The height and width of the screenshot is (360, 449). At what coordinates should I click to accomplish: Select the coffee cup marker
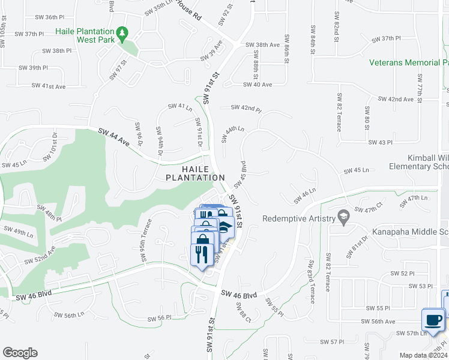coord(433,320)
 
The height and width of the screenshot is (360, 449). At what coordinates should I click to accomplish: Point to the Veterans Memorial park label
coord(408,62)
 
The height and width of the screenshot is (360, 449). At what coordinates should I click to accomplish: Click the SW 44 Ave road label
coord(115,138)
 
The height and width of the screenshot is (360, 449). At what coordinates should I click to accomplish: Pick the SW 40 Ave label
coord(258,85)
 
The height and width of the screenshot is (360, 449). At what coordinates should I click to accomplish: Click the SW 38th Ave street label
coord(263,45)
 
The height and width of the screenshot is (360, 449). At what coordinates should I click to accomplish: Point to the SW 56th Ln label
coord(78,315)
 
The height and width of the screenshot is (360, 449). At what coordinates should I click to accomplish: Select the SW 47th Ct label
coord(369,209)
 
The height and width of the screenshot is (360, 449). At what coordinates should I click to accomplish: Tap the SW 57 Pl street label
coord(331,343)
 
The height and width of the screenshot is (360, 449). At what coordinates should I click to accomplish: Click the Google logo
coord(20,353)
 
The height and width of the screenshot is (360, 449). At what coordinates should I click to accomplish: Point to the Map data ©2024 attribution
coord(423,355)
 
